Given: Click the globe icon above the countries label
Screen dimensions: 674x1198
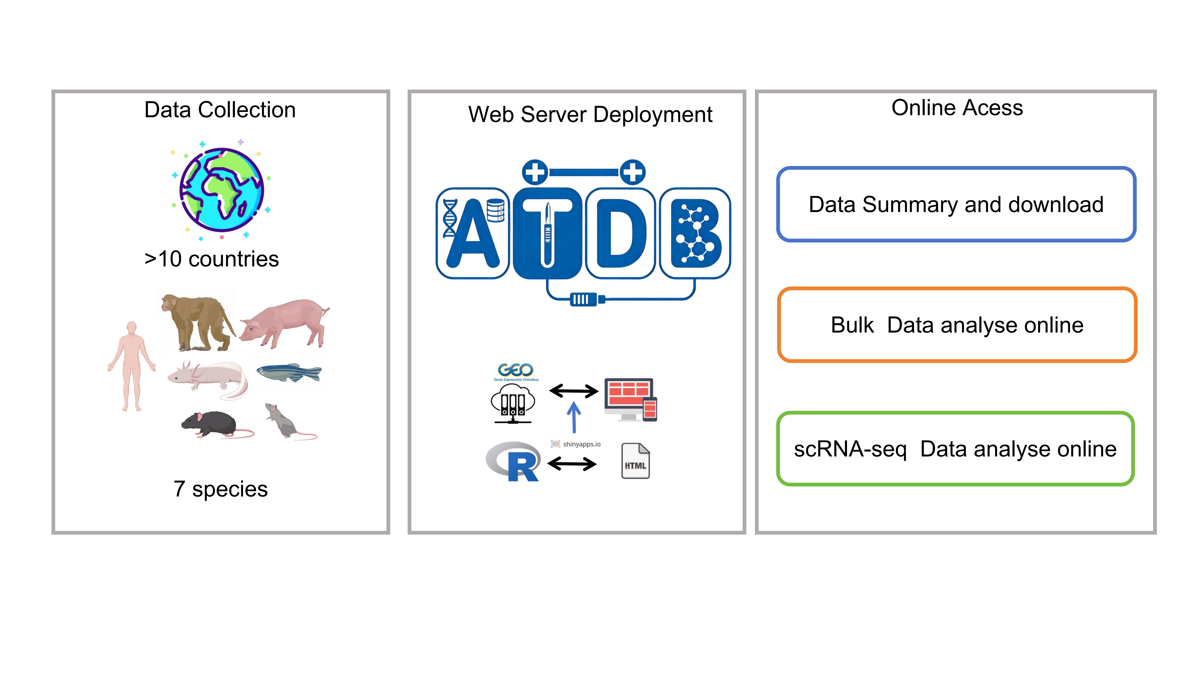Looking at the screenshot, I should point(221,190).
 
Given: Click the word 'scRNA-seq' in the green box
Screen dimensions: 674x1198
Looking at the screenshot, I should point(850,449).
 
